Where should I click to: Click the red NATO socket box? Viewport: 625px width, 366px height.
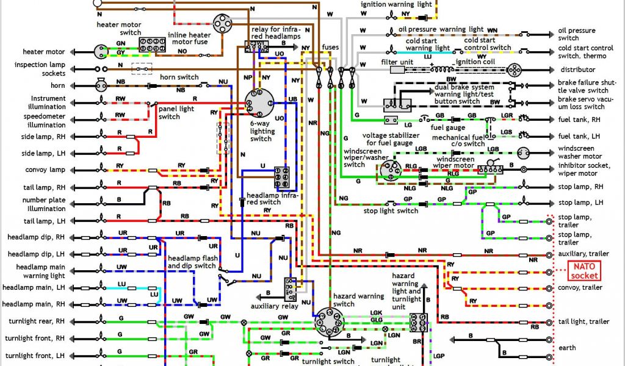click(585, 269)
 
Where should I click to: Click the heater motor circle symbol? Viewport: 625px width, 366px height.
click(100, 51)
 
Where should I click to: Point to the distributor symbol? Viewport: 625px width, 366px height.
click(514, 69)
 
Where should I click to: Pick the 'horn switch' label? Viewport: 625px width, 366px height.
click(179, 77)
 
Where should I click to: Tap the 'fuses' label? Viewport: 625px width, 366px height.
click(330, 47)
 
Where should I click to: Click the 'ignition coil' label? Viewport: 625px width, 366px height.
click(474, 62)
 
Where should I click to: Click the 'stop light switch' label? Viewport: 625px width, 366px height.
click(391, 211)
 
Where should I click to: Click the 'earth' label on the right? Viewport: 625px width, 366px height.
click(567, 348)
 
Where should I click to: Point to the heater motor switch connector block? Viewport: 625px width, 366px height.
click(151, 44)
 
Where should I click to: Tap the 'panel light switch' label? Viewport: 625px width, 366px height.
click(169, 113)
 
